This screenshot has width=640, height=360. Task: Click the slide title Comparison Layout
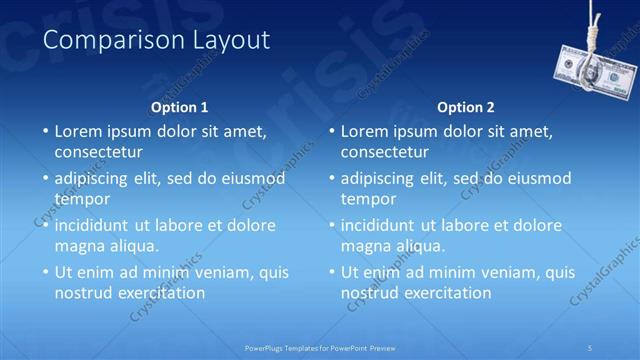coord(157,41)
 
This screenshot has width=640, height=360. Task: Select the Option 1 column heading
coord(180,107)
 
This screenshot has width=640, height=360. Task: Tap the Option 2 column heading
coord(466,107)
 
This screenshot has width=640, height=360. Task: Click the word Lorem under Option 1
coord(78,131)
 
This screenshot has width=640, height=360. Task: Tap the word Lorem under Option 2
coord(364,131)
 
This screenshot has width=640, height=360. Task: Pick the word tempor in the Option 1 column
coord(82,199)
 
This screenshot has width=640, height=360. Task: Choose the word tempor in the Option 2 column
coord(368,199)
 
